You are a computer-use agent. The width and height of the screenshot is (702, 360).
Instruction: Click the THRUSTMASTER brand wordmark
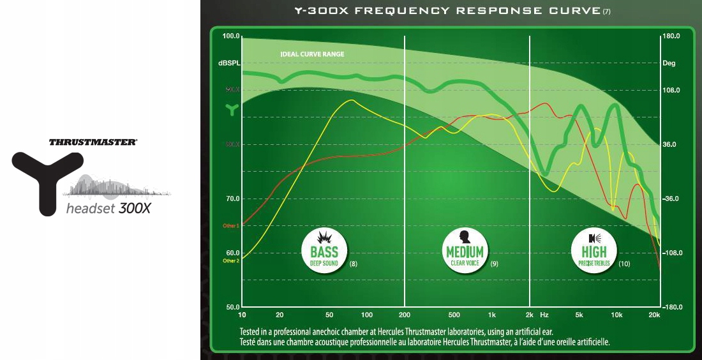[x=93, y=142]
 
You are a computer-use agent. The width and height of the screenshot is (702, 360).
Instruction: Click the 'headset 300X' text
[x=108, y=209]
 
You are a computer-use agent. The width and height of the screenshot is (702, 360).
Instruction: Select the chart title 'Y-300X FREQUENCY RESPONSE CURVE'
[x=447, y=11]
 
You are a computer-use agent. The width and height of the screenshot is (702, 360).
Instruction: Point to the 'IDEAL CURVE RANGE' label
[x=312, y=54]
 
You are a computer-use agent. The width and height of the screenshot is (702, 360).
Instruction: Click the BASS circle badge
[x=324, y=251]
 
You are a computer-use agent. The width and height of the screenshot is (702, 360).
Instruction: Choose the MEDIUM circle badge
[x=465, y=251]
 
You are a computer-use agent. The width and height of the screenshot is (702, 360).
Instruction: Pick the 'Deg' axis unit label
[x=669, y=63]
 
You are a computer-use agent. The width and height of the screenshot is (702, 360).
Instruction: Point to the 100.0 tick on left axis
[x=230, y=36]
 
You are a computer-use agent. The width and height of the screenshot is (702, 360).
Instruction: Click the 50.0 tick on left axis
[x=231, y=307]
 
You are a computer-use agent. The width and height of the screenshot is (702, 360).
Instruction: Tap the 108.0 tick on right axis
[x=671, y=90]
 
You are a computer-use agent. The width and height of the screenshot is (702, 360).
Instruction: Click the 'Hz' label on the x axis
[x=544, y=315]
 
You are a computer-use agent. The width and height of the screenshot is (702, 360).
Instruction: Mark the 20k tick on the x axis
[x=653, y=315]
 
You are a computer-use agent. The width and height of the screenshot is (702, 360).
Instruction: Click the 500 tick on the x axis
[x=454, y=315]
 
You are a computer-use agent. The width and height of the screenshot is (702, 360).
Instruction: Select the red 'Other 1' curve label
[x=230, y=226]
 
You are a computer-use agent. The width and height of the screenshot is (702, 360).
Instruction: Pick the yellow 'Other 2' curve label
[x=230, y=261]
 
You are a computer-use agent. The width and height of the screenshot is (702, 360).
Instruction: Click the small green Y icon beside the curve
[x=231, y=109]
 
